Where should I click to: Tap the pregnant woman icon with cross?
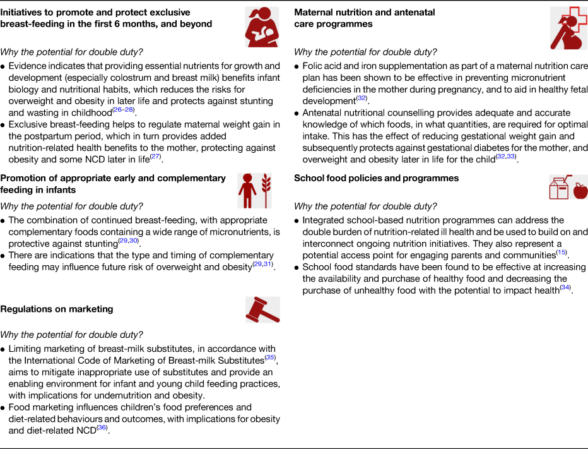tap(568, 28)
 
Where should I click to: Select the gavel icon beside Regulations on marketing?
tap(262, 309)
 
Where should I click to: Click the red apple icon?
tap(580, 189)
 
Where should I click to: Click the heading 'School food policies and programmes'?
tap(376, 178)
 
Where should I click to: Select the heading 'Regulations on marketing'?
tap(57, 309)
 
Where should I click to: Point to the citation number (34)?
tap(565, 288)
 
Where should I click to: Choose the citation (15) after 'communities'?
tap(561, 253)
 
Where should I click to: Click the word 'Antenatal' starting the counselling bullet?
tap(324, 112)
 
